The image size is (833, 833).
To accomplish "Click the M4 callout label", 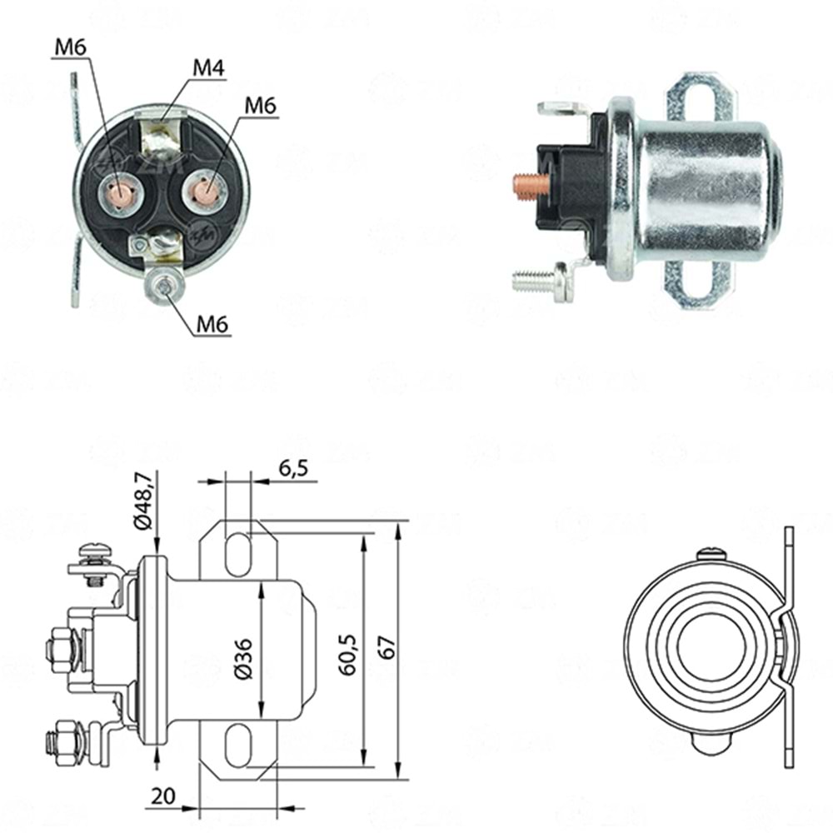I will [208, 67].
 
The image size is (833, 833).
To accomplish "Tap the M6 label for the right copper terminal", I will [261, 106].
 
